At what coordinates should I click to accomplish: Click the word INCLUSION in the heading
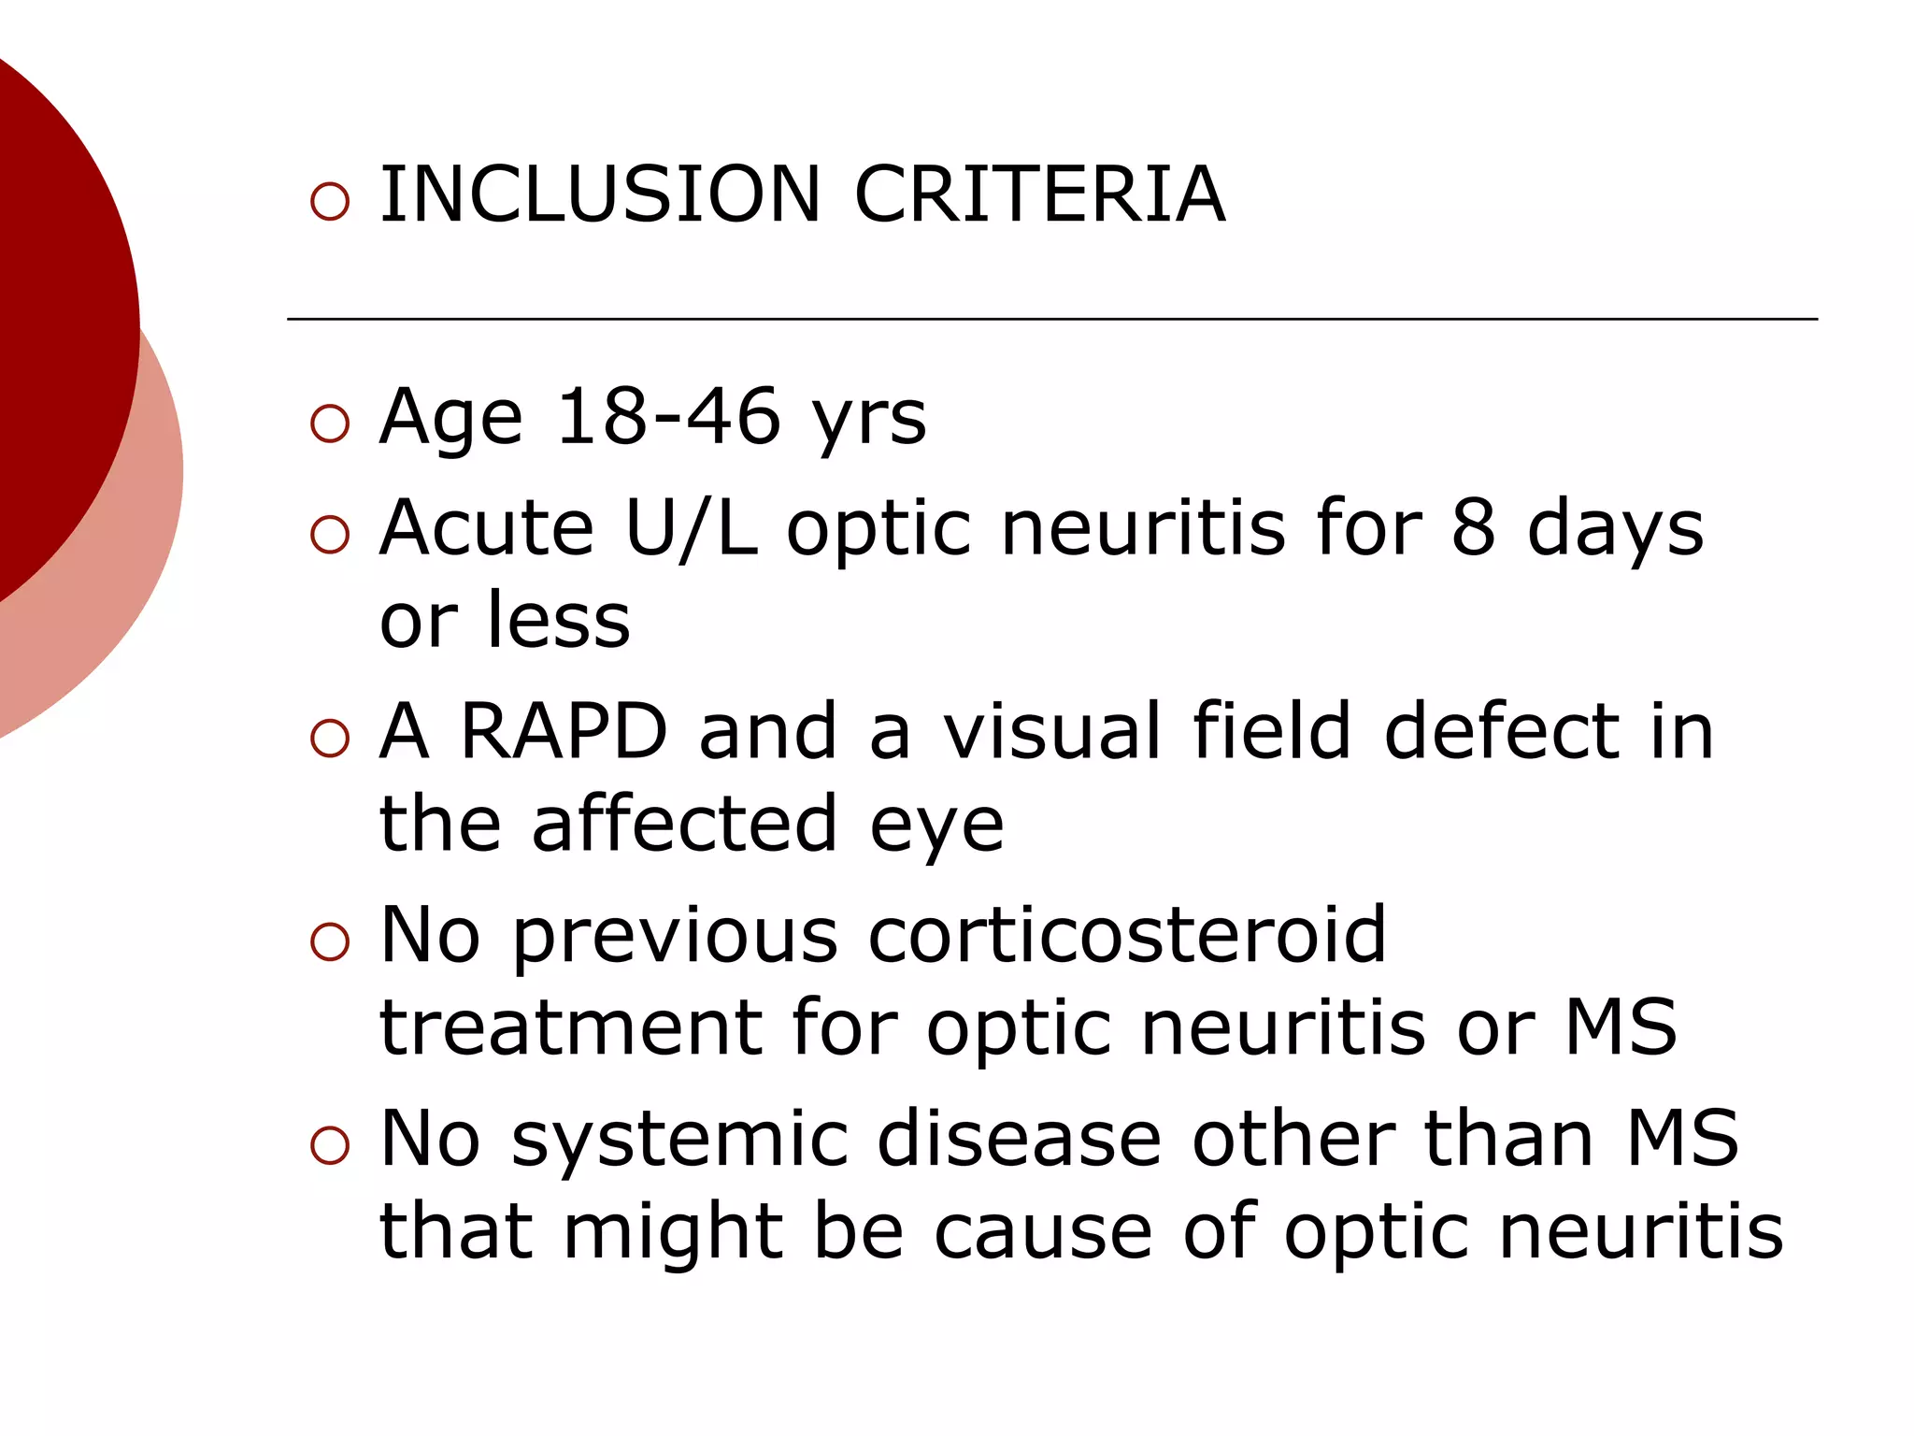click(599, 194)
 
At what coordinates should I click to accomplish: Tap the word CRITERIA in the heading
click(1038, 194)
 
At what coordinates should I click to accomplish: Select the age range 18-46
click(668, 416)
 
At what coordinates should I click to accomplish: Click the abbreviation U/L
click(691, 528)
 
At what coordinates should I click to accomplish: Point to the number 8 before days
click(1473, 528)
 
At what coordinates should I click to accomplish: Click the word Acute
click(486, 528)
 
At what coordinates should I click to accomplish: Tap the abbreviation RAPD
click(564, 731)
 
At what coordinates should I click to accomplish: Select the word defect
click(1501, 731)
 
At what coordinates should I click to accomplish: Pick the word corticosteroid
click(1127, 935)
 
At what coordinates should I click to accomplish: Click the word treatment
click(571, 1028)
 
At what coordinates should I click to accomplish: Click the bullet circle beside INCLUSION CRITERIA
click(329, 201)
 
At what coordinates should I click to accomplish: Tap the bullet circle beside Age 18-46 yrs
click(329, 424)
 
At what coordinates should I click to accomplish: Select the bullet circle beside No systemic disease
click(329, 1145)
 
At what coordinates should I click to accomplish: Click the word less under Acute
click(558, 621)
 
